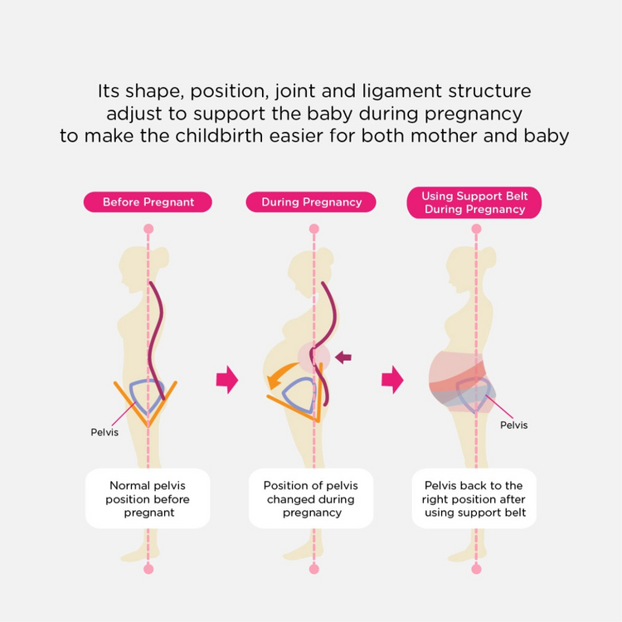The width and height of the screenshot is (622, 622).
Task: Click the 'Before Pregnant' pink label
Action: coord(148,202)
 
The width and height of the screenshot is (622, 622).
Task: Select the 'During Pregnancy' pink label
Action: coord(311,202)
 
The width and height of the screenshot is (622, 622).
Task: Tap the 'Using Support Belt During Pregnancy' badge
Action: coord(474,202)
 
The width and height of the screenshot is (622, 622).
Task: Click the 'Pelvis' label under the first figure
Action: coord(104,432)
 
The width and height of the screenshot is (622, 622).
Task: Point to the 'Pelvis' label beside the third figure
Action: coord(513,425)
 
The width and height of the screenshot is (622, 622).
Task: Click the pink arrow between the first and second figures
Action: coord(227,380)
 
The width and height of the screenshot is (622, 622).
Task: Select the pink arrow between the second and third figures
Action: coord(393,380)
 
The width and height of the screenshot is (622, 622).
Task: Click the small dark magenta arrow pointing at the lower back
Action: coord(343,357)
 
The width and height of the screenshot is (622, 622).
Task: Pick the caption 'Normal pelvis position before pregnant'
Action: coord(148,498)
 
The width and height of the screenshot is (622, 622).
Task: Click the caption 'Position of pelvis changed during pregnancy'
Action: coord(311,498)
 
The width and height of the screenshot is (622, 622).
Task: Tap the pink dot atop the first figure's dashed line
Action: coord(148,229)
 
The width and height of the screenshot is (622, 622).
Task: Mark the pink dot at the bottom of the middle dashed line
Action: coord(313,569)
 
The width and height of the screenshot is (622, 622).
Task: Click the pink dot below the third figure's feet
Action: coord(476,569)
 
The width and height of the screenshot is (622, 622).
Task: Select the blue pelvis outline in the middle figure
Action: coord(299,396)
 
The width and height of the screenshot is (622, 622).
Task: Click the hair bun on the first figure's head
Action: coord(163,258)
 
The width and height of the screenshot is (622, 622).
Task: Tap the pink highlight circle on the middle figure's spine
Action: coord(313,357)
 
